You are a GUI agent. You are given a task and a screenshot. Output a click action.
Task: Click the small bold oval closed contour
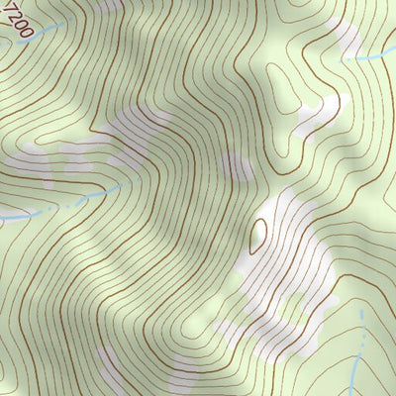(x=259, y=234)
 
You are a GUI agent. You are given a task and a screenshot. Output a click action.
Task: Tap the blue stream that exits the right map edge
(x=371, y=57)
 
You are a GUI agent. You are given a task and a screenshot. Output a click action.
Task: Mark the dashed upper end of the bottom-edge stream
(x=362, y=315)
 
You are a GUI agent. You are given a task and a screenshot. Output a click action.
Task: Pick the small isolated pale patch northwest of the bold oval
(x=234, y=166)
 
